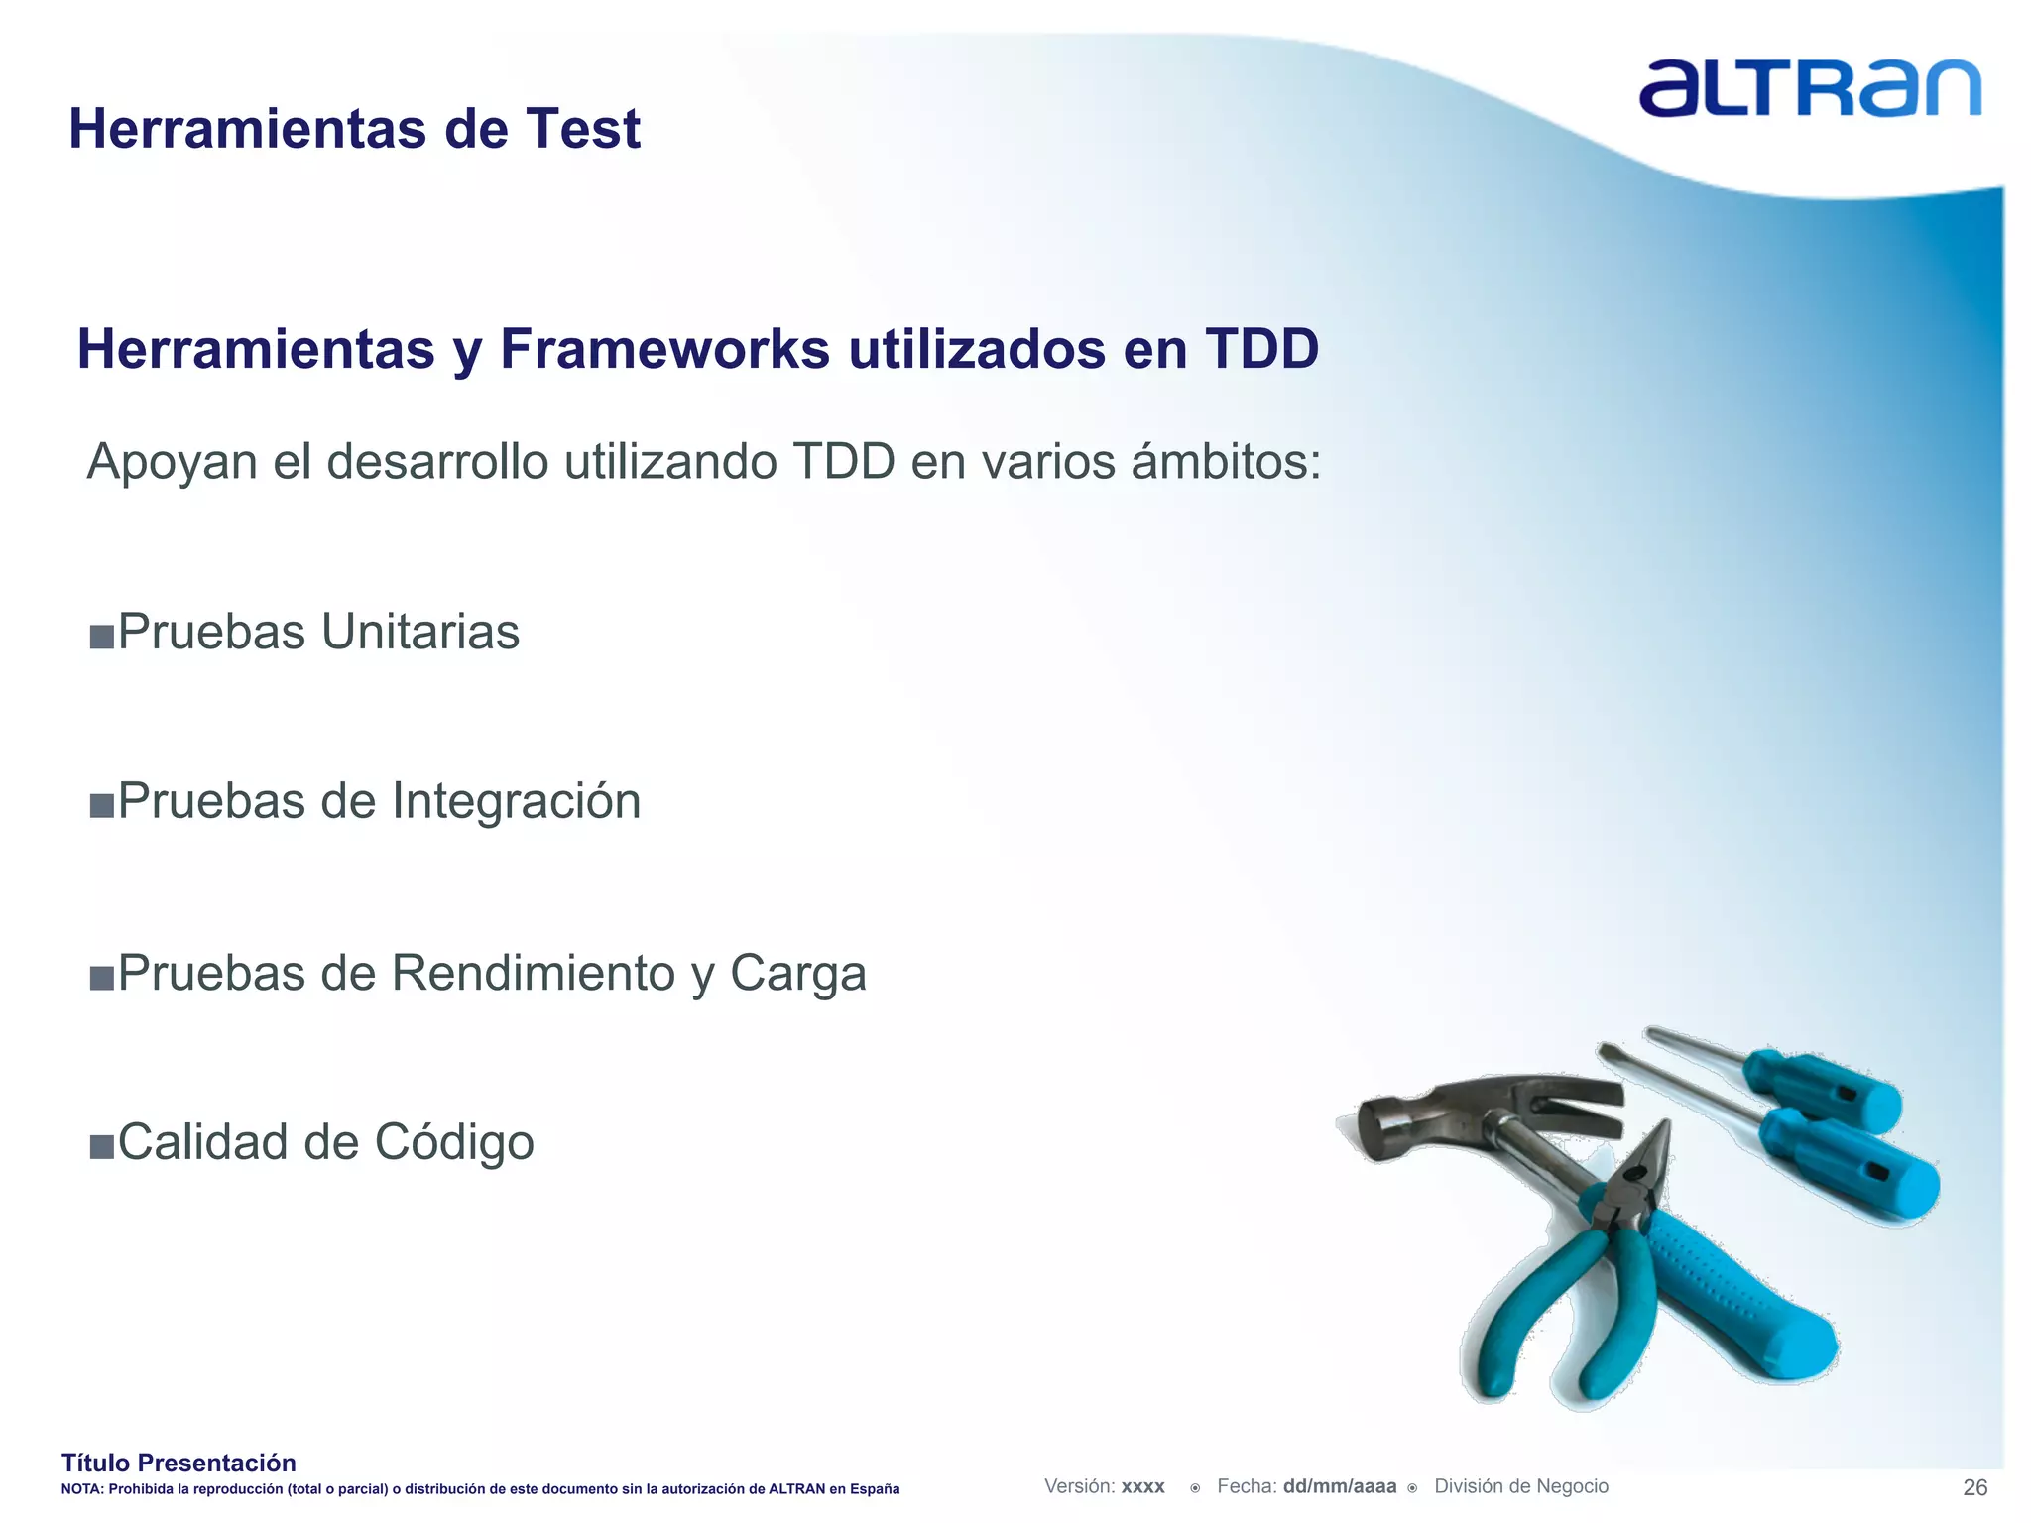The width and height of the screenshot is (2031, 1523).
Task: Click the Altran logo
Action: click(1809, 89)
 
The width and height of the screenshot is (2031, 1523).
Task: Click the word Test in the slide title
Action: click(583, 130)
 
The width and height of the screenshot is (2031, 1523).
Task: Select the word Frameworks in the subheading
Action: click(664, 349)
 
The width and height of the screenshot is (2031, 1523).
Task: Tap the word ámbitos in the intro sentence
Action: click(1226, 462)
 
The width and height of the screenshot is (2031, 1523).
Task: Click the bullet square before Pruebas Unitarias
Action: click(101, 636)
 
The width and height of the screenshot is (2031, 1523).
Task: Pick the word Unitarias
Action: click(420, 632)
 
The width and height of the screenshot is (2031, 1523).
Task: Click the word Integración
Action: click(517, 801)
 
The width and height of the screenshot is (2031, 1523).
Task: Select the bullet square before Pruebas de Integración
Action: click(101, 805)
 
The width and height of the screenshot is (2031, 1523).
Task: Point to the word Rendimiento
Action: click(533, 973)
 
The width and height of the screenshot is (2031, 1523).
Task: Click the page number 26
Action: click(1974, 1487)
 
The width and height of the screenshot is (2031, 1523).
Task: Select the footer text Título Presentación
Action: click(179, 1463)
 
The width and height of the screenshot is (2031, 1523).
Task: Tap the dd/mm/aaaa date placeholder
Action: click(1339, 1486)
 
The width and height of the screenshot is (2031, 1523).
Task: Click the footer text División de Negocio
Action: click(1520, 1486)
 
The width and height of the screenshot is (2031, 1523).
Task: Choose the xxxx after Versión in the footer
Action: click(1142, 1487)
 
